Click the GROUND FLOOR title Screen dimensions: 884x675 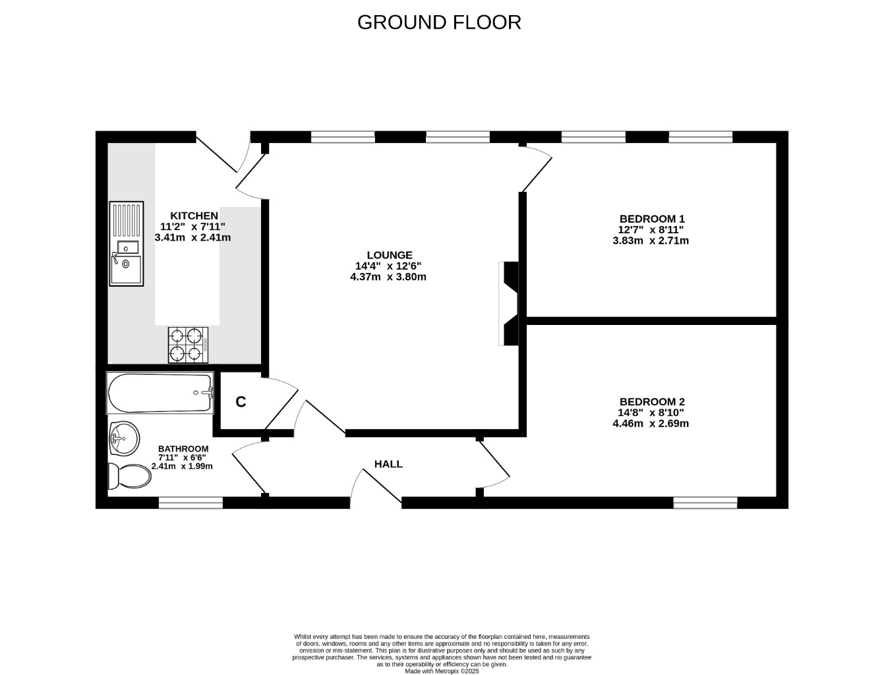tap(439, 22)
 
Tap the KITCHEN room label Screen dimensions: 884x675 tap(194, 216)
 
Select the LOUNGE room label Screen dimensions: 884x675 tap(390, 255)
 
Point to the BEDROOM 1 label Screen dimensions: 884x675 tap(652, 219)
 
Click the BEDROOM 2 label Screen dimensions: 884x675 tap(652, 401)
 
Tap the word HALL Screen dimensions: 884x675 tap(388, 464)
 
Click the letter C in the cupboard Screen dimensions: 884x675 tap(241, 402)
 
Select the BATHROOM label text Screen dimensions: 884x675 tap(183, 449)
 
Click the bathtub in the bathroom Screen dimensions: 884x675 tap(160, 393)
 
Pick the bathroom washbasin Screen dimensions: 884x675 tap(124, 438)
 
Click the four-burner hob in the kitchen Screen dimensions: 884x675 tap(188, 345)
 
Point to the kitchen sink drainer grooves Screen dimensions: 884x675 tap(127, 220)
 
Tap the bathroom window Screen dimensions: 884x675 tap(191, 503)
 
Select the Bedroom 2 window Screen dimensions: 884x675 tap(705, 503)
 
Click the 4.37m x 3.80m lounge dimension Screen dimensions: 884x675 tap(388, 277)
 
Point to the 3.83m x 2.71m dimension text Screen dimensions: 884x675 tap(651, 241)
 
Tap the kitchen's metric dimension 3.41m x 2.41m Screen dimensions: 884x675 tap(192, 237)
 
